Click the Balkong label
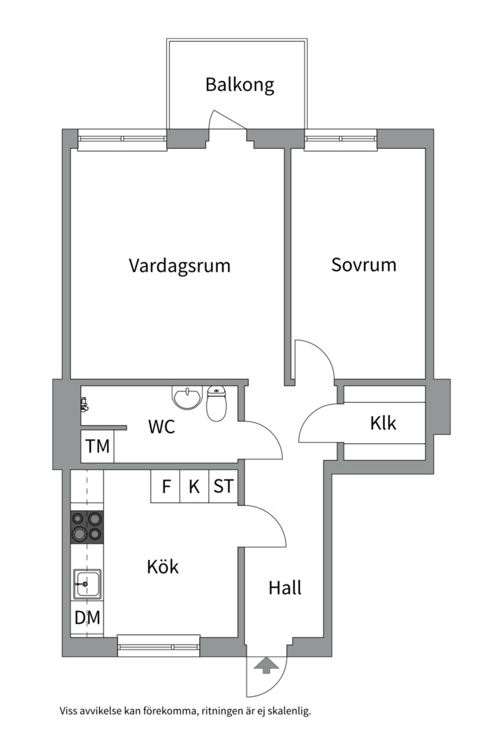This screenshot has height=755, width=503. pyautogui.click(x=240, y=85)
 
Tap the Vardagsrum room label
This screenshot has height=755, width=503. pyautogui.click(x=180, y=266)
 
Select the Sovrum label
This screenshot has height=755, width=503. pyautogui.click(x=363, y=265)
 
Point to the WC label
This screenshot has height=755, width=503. pyautogui.click(x=161, y=426)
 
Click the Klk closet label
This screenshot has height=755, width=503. pyautogui.click(x=384, y=423)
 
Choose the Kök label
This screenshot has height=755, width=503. pyautogui.click(x=163, y=566)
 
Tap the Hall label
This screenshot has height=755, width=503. pyautogui.click(x=285, y=588)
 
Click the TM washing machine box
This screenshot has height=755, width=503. pyautogui.click(x=98, y=447)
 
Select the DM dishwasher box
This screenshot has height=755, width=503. pyautogui.click(x=87, y=618)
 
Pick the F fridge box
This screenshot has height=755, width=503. pyautogui.click(x=166, y=487)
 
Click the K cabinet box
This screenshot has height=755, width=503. pyautogui.click(x=194, y=487)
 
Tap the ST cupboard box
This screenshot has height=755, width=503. pyautogui.click(x=223, y=487)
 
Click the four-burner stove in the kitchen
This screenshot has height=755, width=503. pyautogui.click(x=87, y=527)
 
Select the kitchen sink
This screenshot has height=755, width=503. pyautogui.click(x=87, y=584)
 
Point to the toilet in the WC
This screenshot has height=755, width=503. pyautogui.click(x=217, y=404)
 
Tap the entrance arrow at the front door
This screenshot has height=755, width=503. pyautogui.click(x=265, y=666)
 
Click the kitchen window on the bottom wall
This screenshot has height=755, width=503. pyautogui.click(x=159, y=647)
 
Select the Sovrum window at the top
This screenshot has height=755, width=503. pyautogui.click(x=340, y=140)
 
